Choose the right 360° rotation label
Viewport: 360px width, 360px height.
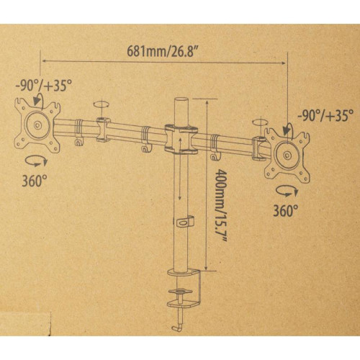pyautogui.click(x=286, y=211)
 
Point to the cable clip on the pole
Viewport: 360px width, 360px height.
pyautogui.click(x=186, y=222)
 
